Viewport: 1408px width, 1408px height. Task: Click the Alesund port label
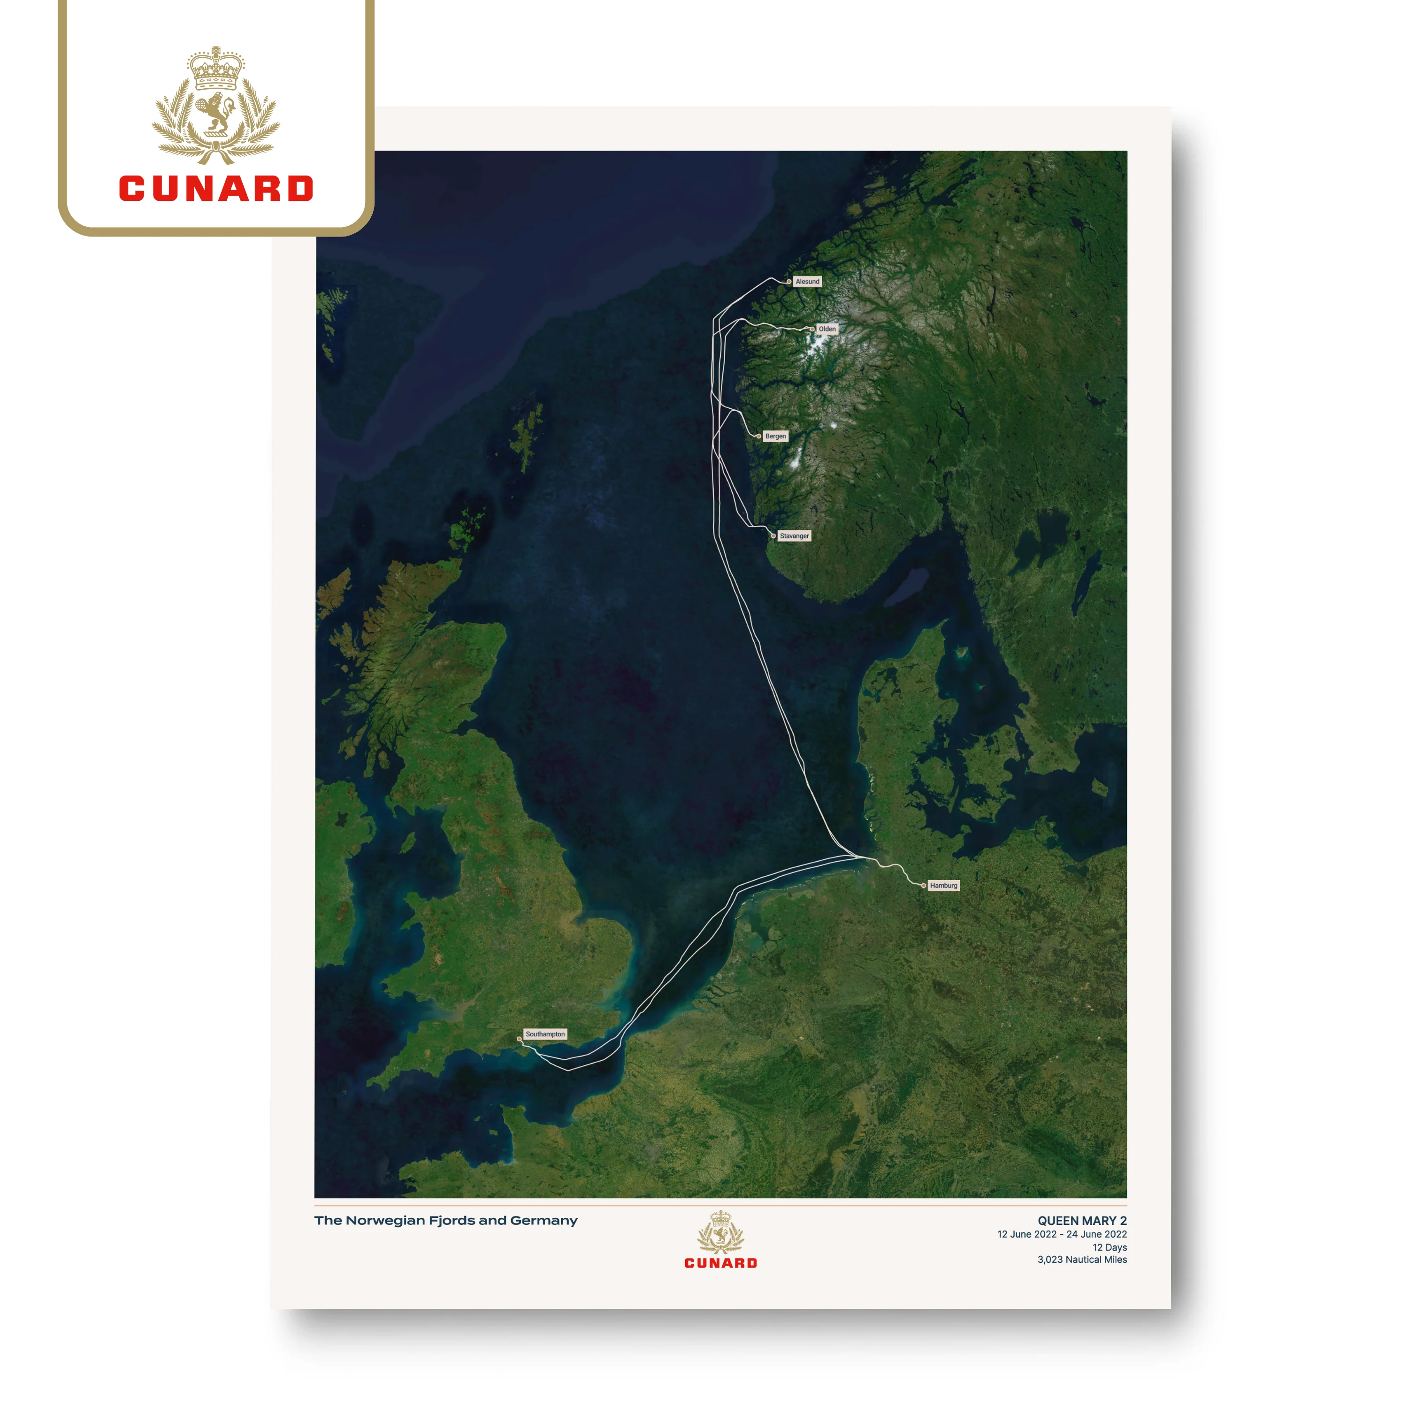(x=807, y=281)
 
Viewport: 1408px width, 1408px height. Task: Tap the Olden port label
(x=826, y=329)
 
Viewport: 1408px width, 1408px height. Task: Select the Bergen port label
(x=775, y=436)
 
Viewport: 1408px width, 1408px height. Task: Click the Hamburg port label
(x=943, y=886)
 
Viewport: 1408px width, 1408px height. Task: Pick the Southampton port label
(x=545, y=1034)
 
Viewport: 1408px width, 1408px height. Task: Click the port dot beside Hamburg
(x=923, y=886)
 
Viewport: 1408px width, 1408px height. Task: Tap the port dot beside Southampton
(x=519, y=1039)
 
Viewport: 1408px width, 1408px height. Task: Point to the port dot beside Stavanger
(x=773, y=536)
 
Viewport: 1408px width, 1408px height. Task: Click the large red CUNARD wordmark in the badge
(x=216, y=188)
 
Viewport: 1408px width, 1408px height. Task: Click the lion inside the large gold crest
(x=214, y=114)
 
